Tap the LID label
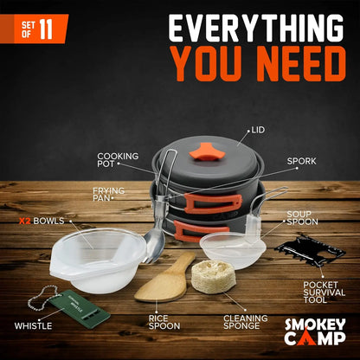(x=257, y=131)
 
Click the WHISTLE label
(x=32, y=325)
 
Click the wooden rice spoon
(x=166, y=277)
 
